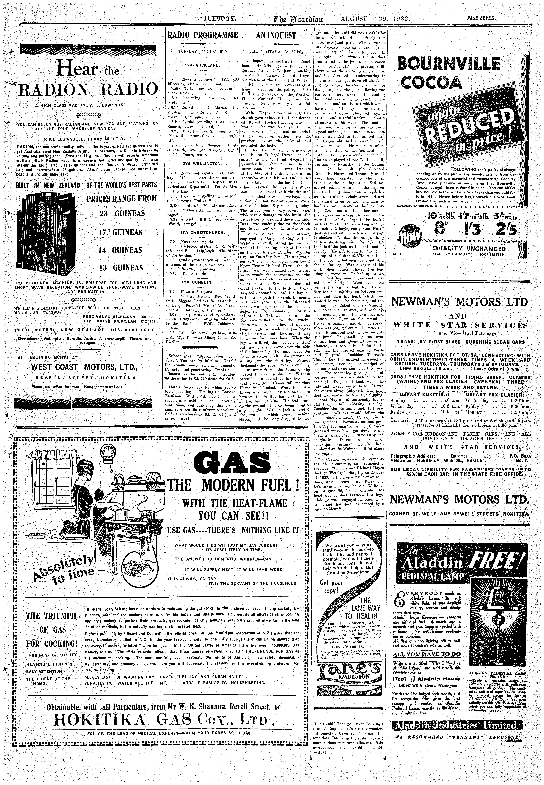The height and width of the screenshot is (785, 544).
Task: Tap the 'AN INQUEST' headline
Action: pos(276,35)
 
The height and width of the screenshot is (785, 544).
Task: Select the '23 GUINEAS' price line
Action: pos(122,214)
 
